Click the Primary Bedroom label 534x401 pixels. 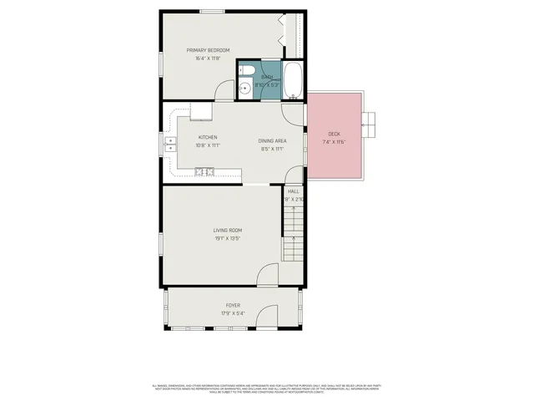[208, 50]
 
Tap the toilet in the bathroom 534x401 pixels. [245, 72]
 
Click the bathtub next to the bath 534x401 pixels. [293, 80]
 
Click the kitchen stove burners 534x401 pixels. [204, 172]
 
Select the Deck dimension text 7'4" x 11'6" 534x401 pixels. [334, 142]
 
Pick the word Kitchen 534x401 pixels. [208, 137]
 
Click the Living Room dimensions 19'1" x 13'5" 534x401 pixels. [226, 238]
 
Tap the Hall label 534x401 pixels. [294, 191]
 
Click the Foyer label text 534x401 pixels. [233, 306]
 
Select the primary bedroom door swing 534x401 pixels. [225, 91]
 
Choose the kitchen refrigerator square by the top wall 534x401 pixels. [202, 110]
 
